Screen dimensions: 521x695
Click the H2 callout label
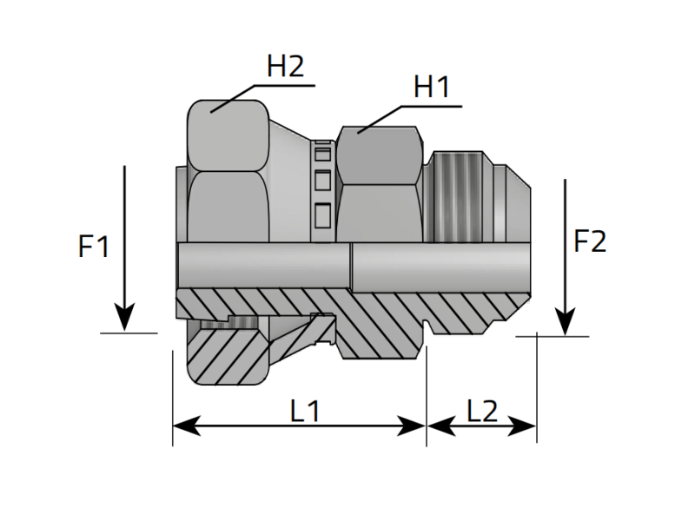pos(285,68)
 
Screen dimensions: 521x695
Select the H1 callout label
pos(431,88)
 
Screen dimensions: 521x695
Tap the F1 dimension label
pos(94,247)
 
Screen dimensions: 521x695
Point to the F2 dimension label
pos(590,241)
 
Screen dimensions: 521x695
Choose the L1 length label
pos(305,411)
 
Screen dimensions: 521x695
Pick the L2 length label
pos(481,411)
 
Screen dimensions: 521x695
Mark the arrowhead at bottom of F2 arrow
pos(566,323)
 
